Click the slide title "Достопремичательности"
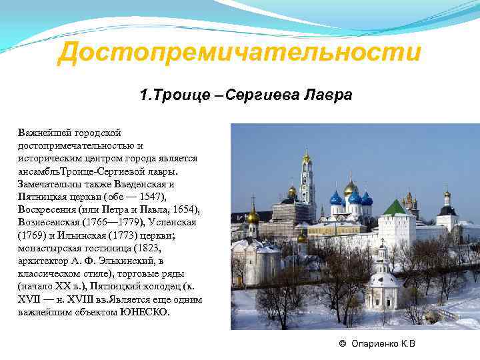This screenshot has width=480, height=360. [x=239, y=53]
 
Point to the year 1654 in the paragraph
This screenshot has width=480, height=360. [x=183, y=210]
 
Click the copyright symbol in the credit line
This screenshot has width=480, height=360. [x=342, y=344]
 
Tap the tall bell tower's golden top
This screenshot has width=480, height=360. [x=307, y=157]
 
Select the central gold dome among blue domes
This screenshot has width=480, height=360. [x=351, y=188]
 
